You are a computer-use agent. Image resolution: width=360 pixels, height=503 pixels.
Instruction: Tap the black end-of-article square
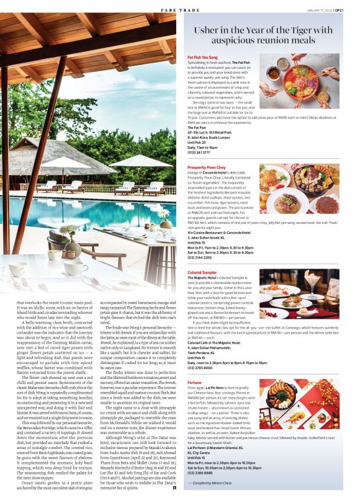click(x=174, y=487)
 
